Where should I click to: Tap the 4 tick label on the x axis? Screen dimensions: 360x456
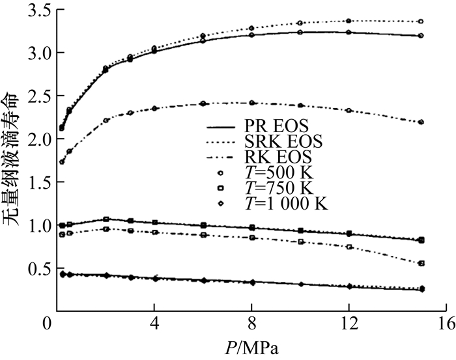tap(154, 324)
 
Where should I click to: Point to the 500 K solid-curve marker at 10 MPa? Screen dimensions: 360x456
tap(300, 32)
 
